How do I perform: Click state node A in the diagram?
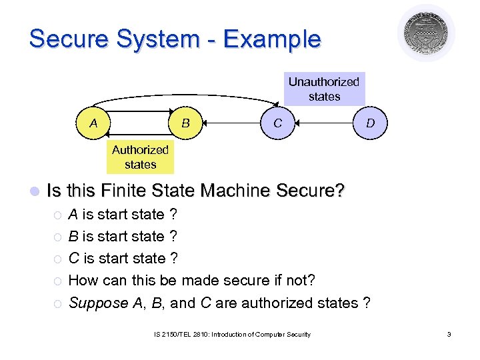pos(93,123)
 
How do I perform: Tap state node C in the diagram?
pos(277,123)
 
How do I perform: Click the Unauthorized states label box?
pos(324,89)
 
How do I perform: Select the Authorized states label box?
pos(140,157)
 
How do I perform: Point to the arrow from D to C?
pos(324,123)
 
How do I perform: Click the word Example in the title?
pos(272,39)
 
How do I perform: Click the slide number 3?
pos(449,334)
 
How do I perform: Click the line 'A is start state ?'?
pos(123,215)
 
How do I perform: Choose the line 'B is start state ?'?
pos(123,237)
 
